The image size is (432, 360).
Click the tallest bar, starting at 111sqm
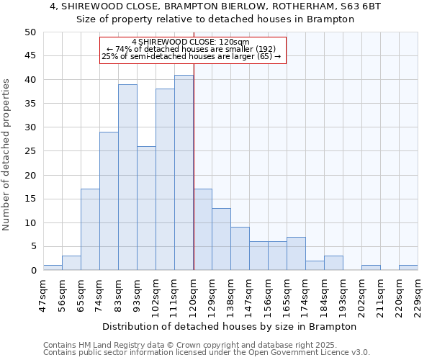pos(184,173)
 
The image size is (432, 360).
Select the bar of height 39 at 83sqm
pos(127,177)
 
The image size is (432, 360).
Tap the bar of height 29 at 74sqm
pos(109,201)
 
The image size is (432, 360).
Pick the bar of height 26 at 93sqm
pos(146,208)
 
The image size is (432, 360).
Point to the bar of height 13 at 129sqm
pos(221,239)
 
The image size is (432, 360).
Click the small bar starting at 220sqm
pos(408,268)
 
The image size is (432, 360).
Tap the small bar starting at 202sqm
pos(371,268)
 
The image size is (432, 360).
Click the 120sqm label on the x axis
pos(194,294)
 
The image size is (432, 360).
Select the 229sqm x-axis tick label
pos(418,294)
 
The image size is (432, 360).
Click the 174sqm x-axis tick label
pos(306,294)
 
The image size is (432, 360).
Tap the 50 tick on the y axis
pos(30,32)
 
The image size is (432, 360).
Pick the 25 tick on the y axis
pos(30,151)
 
